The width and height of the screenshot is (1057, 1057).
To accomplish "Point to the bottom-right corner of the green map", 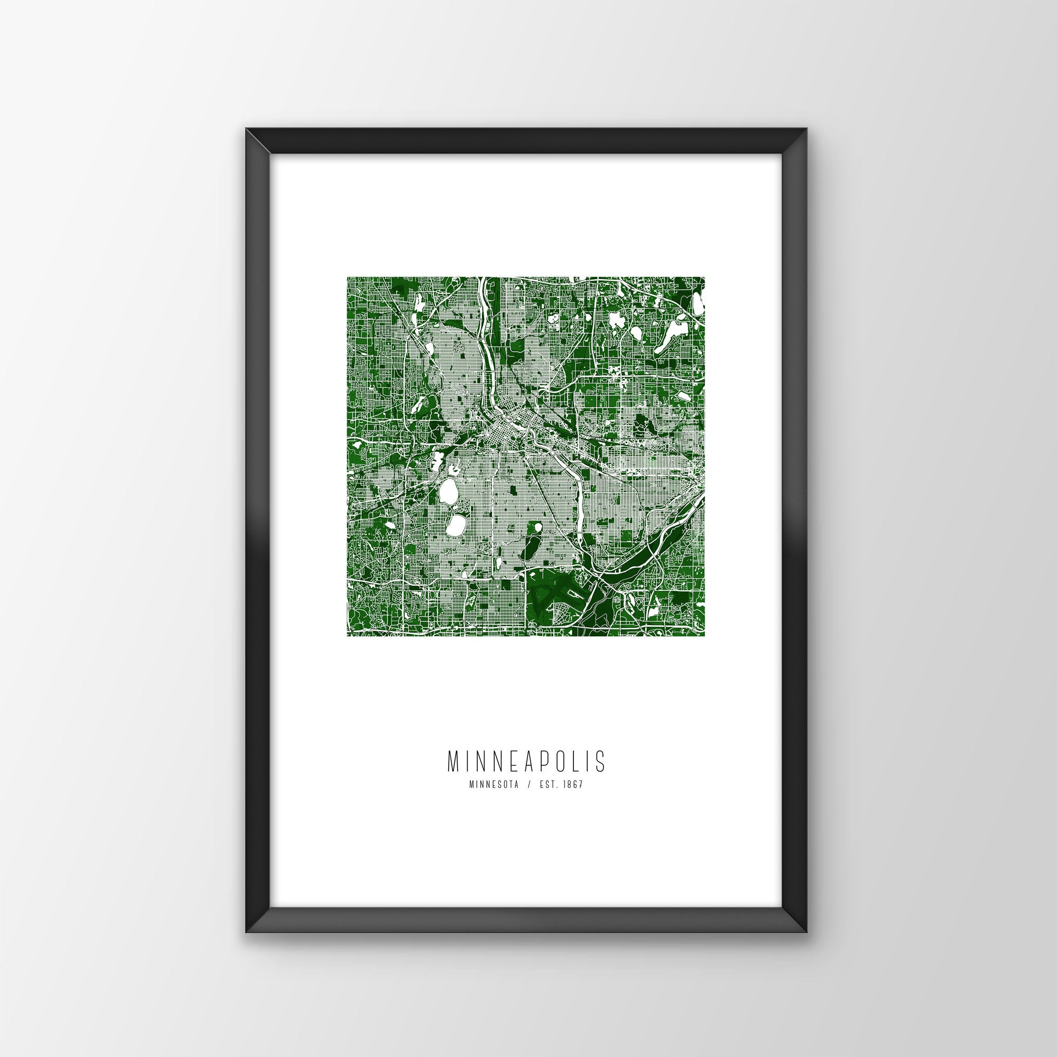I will [x=704, y=636].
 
